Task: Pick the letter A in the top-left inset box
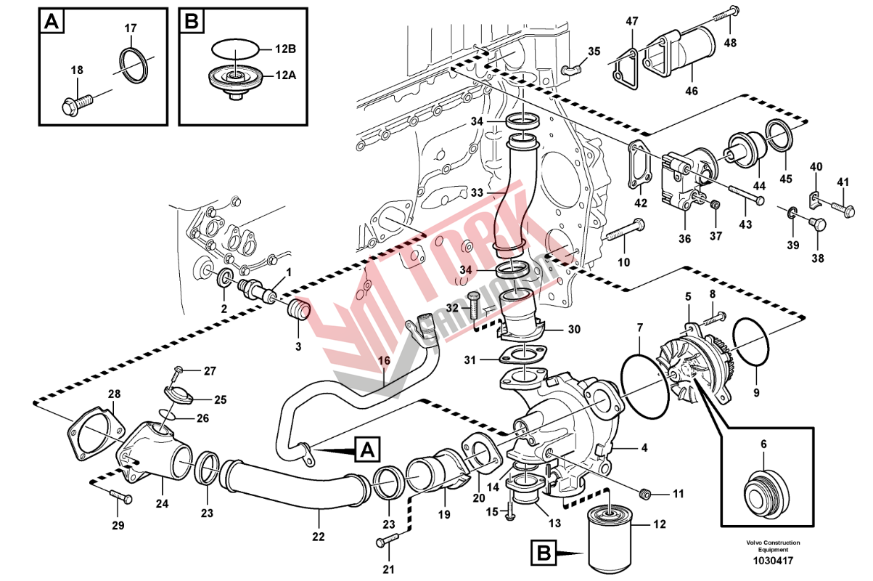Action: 52,22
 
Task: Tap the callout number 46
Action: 691,92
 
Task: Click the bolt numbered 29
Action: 121,497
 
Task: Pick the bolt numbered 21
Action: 388,540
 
